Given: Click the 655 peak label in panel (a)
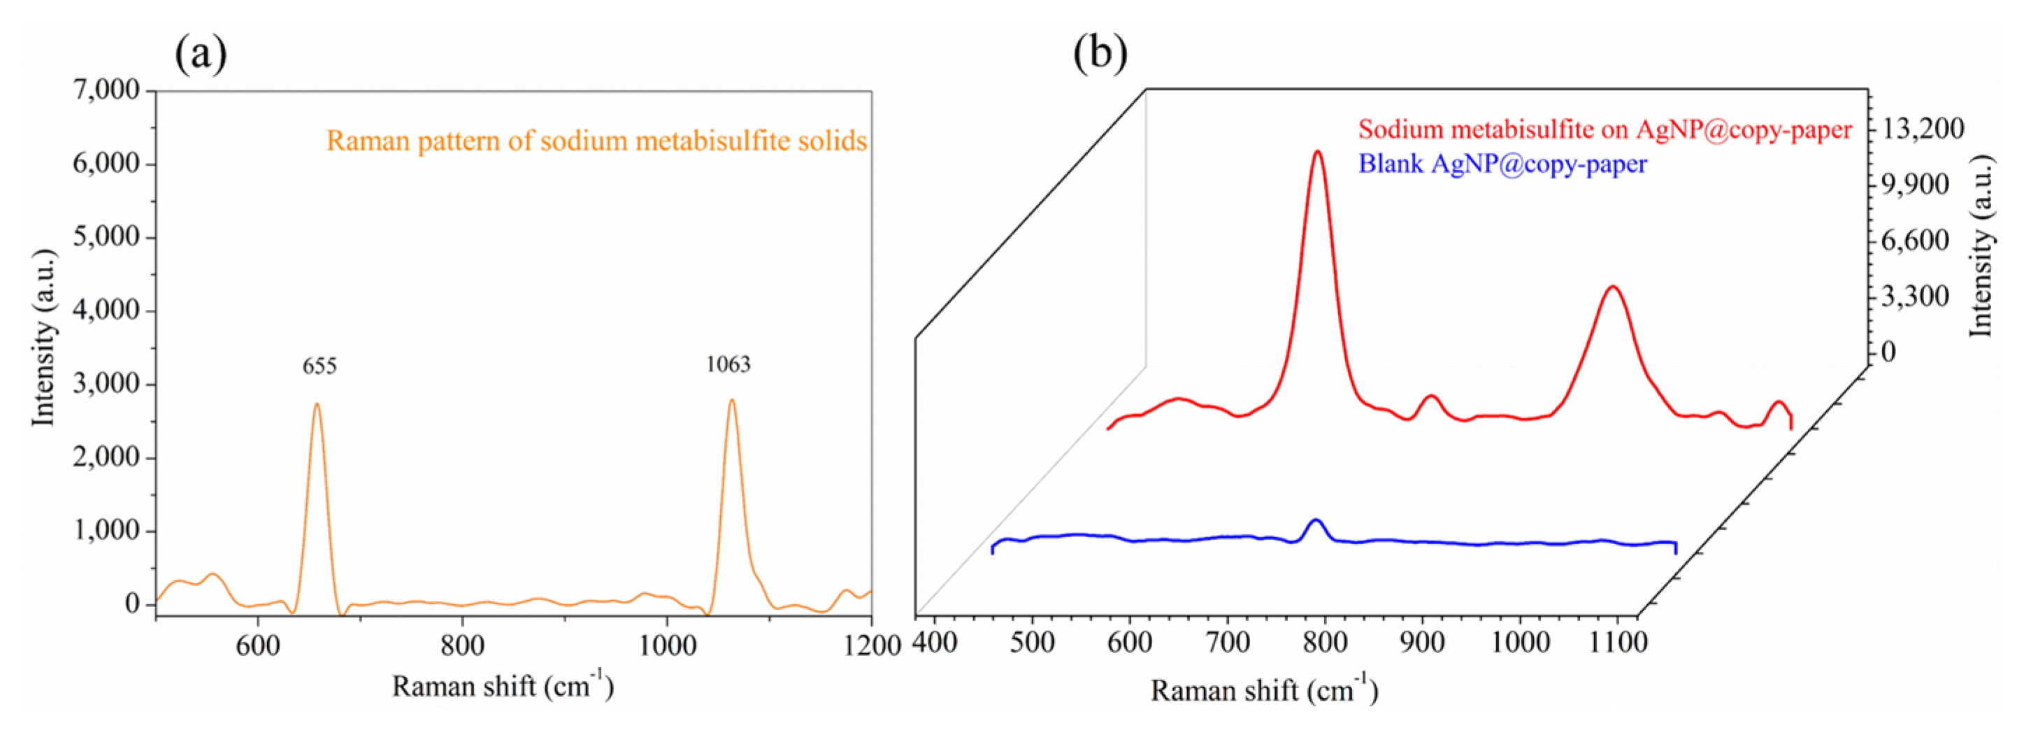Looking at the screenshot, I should pyautogui.click(x=320, y=366).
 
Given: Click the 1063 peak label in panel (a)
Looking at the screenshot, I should pyautogui.click(x=729, y=364).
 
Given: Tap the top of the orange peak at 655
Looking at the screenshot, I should pyautogui.click(x=317, y=405).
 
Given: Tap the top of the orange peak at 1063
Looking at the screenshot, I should pyautogui.click(x=732, y=400).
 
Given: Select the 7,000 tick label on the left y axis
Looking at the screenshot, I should pyautogui.click(x=106, y=90).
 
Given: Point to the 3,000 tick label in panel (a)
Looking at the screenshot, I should pyautogui.click(x=106, y=384).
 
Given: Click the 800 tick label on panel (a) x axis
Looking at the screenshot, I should pyautogui.click(x=462, y=645).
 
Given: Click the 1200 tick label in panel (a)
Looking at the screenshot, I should pyautogui.click(x=871, y=645).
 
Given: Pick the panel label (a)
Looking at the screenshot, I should pyautogui.click(x=201, y=53).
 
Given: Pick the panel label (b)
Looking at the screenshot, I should pyautogui.click(x=1100, y=53).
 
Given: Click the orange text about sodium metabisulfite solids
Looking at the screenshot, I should pyautogui.click(x=596, y=141).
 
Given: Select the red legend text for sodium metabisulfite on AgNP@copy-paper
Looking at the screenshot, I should pyautogui.click(x=1605, y=129).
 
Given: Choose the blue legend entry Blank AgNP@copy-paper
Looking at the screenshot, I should pyautogui.click(x=1502, y=164).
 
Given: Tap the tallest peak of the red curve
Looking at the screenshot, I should pyautogui.click(x=1318, y=152).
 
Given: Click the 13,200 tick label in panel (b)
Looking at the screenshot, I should pyautogui.click(x=1923, y=128).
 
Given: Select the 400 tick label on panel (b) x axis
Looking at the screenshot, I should pyautogui.click(x=935, y=642).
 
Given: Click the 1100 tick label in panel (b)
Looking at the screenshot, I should pyautogui.click(x=1618, y=642).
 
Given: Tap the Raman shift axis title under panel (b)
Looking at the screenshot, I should pyautogui.click(x=1264, y=690).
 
